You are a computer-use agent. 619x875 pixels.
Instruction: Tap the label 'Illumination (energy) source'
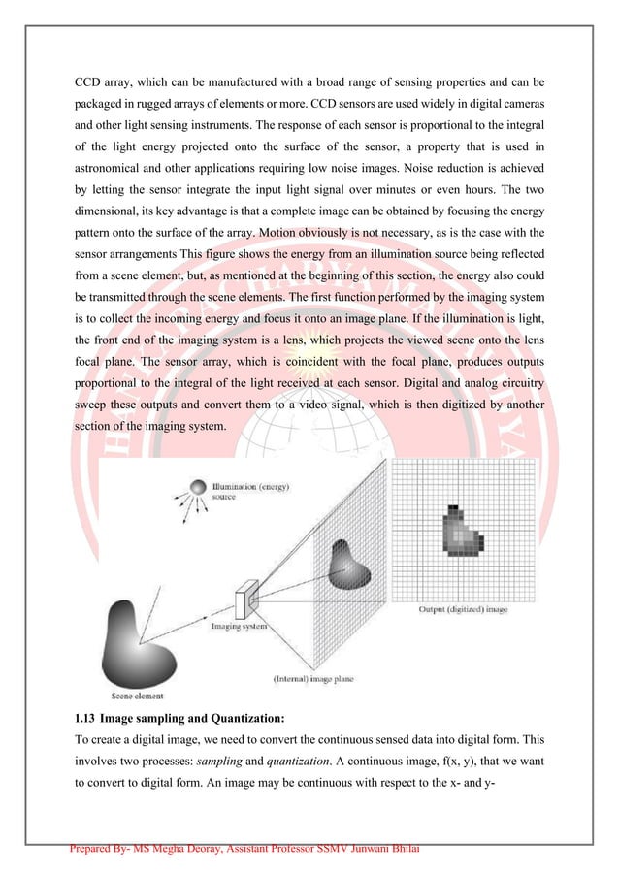click(x=251, y=490)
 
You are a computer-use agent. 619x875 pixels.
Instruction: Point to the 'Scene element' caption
click(x=135, y=696)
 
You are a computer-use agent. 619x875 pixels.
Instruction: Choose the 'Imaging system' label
click(x=240, y=627)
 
